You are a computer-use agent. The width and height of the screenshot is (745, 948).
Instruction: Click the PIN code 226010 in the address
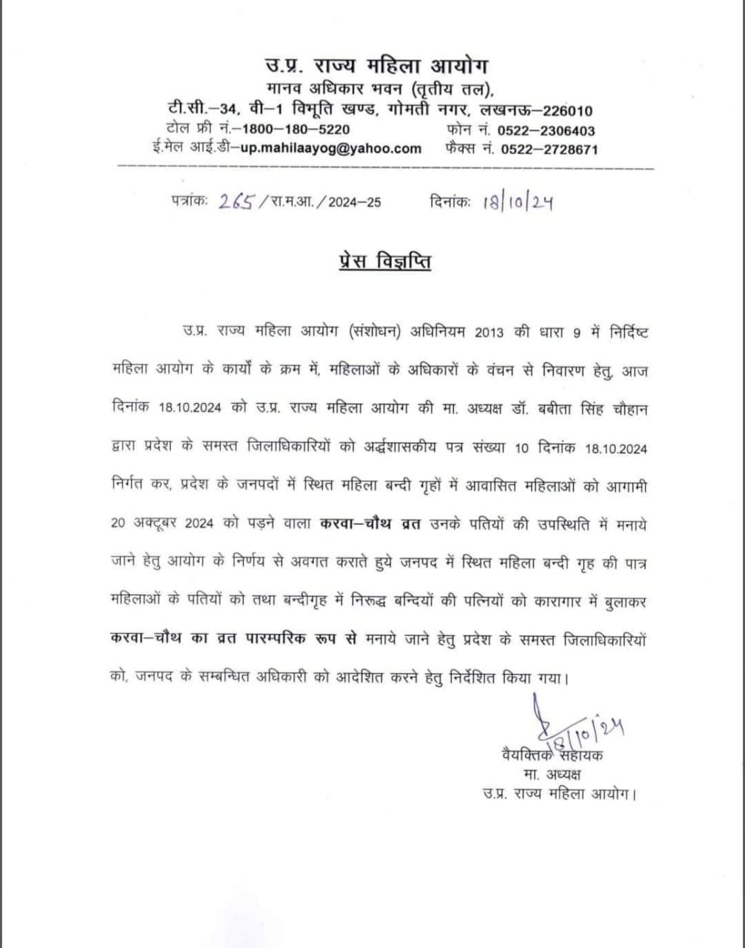[x=567, y=112]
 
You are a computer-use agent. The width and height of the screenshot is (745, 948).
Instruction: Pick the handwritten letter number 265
[x=237, y=202]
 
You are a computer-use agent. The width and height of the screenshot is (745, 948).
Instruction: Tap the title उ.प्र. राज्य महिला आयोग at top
[x=378, y=65]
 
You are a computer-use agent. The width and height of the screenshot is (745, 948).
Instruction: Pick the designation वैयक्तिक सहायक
[x=552, y=757]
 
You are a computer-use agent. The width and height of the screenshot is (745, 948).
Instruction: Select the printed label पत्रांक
[x=188, y=201]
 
